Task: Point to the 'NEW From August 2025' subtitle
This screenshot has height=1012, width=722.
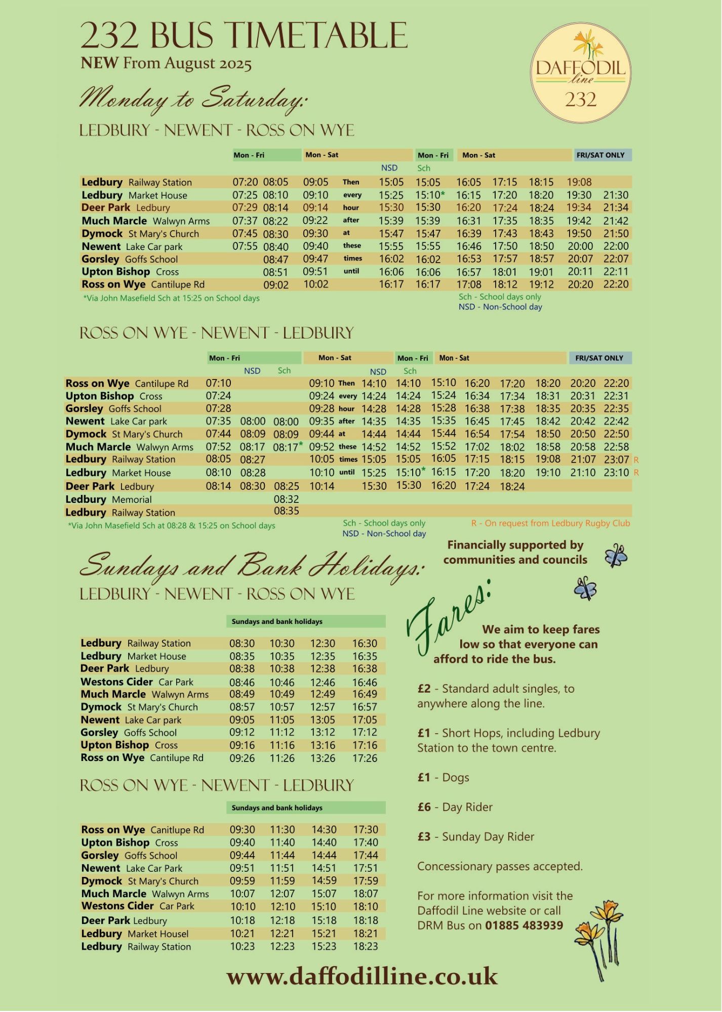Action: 166,63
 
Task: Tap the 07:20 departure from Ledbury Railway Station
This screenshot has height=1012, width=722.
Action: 245,182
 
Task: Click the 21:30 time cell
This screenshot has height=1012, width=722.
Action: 616,195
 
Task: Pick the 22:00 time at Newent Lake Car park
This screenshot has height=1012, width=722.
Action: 616,246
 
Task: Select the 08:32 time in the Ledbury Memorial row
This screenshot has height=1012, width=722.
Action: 286,499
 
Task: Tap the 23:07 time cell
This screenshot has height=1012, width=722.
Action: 616,460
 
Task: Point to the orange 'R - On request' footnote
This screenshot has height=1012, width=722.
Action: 550,523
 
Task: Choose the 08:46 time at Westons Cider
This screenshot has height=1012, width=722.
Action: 242,682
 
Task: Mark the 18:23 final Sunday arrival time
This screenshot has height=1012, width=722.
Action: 365,946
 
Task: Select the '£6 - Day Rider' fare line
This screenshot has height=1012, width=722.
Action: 455,807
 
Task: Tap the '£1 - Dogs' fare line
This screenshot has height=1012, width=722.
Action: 443,778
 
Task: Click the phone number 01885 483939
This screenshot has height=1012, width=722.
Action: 524,925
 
